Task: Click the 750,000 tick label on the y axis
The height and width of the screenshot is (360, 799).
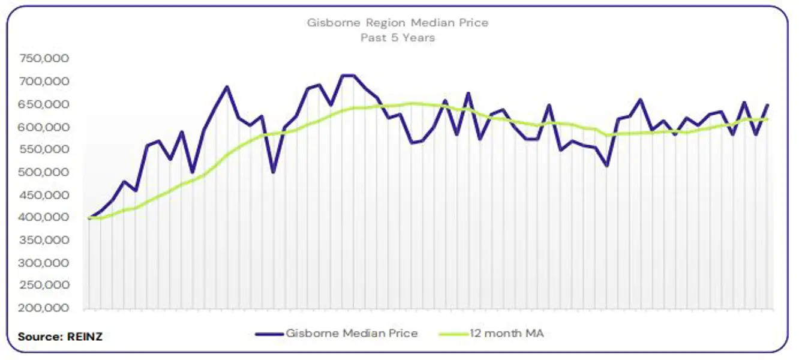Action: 44,59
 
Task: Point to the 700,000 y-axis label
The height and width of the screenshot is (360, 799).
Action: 44,82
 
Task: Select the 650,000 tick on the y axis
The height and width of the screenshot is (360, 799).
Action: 44,104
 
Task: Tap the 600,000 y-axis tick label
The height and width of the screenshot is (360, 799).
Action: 44,127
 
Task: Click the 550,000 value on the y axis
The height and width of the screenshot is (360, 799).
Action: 44,150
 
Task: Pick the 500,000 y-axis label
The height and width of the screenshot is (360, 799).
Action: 44,173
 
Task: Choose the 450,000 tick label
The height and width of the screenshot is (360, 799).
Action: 44,196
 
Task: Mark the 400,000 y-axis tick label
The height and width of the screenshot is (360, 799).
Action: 44,218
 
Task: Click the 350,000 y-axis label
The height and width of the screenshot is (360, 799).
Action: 44,241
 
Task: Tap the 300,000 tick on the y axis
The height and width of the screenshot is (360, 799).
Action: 44,263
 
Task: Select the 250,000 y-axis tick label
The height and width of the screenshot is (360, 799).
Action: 44,286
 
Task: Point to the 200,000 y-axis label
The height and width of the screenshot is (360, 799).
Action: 44,308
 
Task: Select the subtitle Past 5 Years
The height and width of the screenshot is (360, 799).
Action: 398,37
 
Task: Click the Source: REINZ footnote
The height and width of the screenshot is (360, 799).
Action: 60,337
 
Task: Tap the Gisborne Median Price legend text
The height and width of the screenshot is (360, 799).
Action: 352,333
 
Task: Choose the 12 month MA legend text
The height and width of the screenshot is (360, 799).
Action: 506,333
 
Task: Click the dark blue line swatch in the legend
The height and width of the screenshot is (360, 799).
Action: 268,333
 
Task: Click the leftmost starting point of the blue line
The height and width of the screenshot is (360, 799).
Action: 89,218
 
